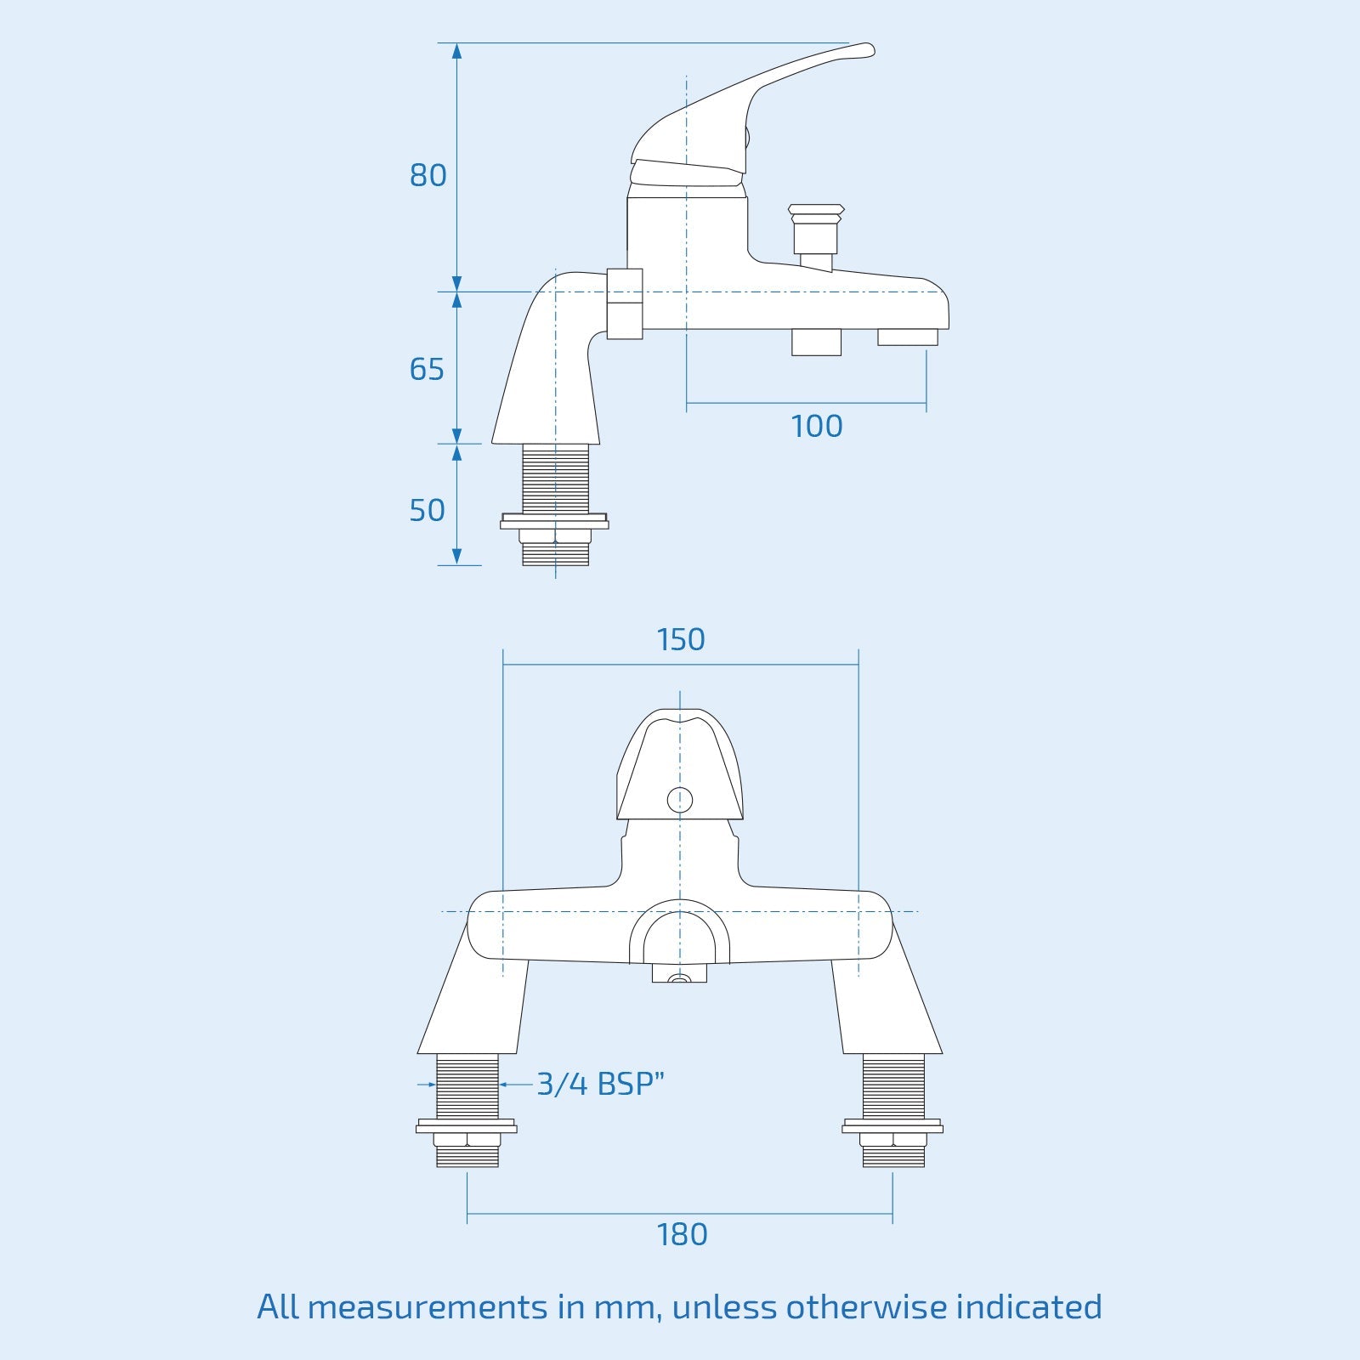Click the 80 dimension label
tap(428, 175)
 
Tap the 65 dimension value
tap(427, 369)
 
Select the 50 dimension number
tap(427, 510)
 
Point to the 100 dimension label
tap(816, 426)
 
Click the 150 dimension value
tap(681, 639)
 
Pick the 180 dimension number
tap(682, 1234)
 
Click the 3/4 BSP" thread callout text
tap(600, 1084)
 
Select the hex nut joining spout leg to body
tap(625, 303)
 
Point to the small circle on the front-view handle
tap(680, 800)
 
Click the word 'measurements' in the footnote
tap(428, 1306)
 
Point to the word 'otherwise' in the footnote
tap(866, 1306)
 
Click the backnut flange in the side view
tap(554, 523)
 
